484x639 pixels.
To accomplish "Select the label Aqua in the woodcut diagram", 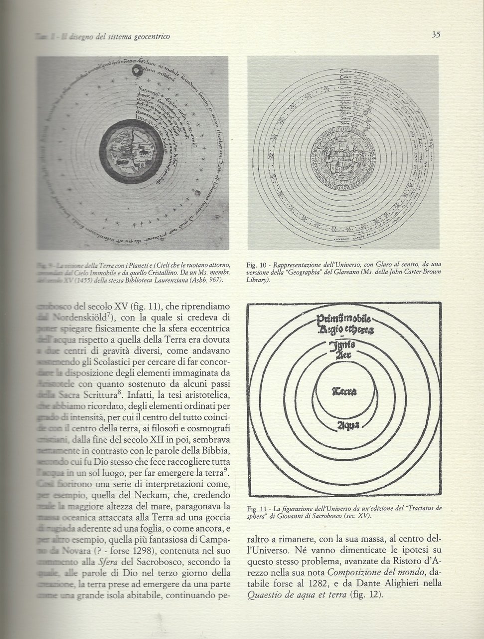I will click(x=344, y=425).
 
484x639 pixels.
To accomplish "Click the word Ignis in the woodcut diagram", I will click(x=344, y=345).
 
